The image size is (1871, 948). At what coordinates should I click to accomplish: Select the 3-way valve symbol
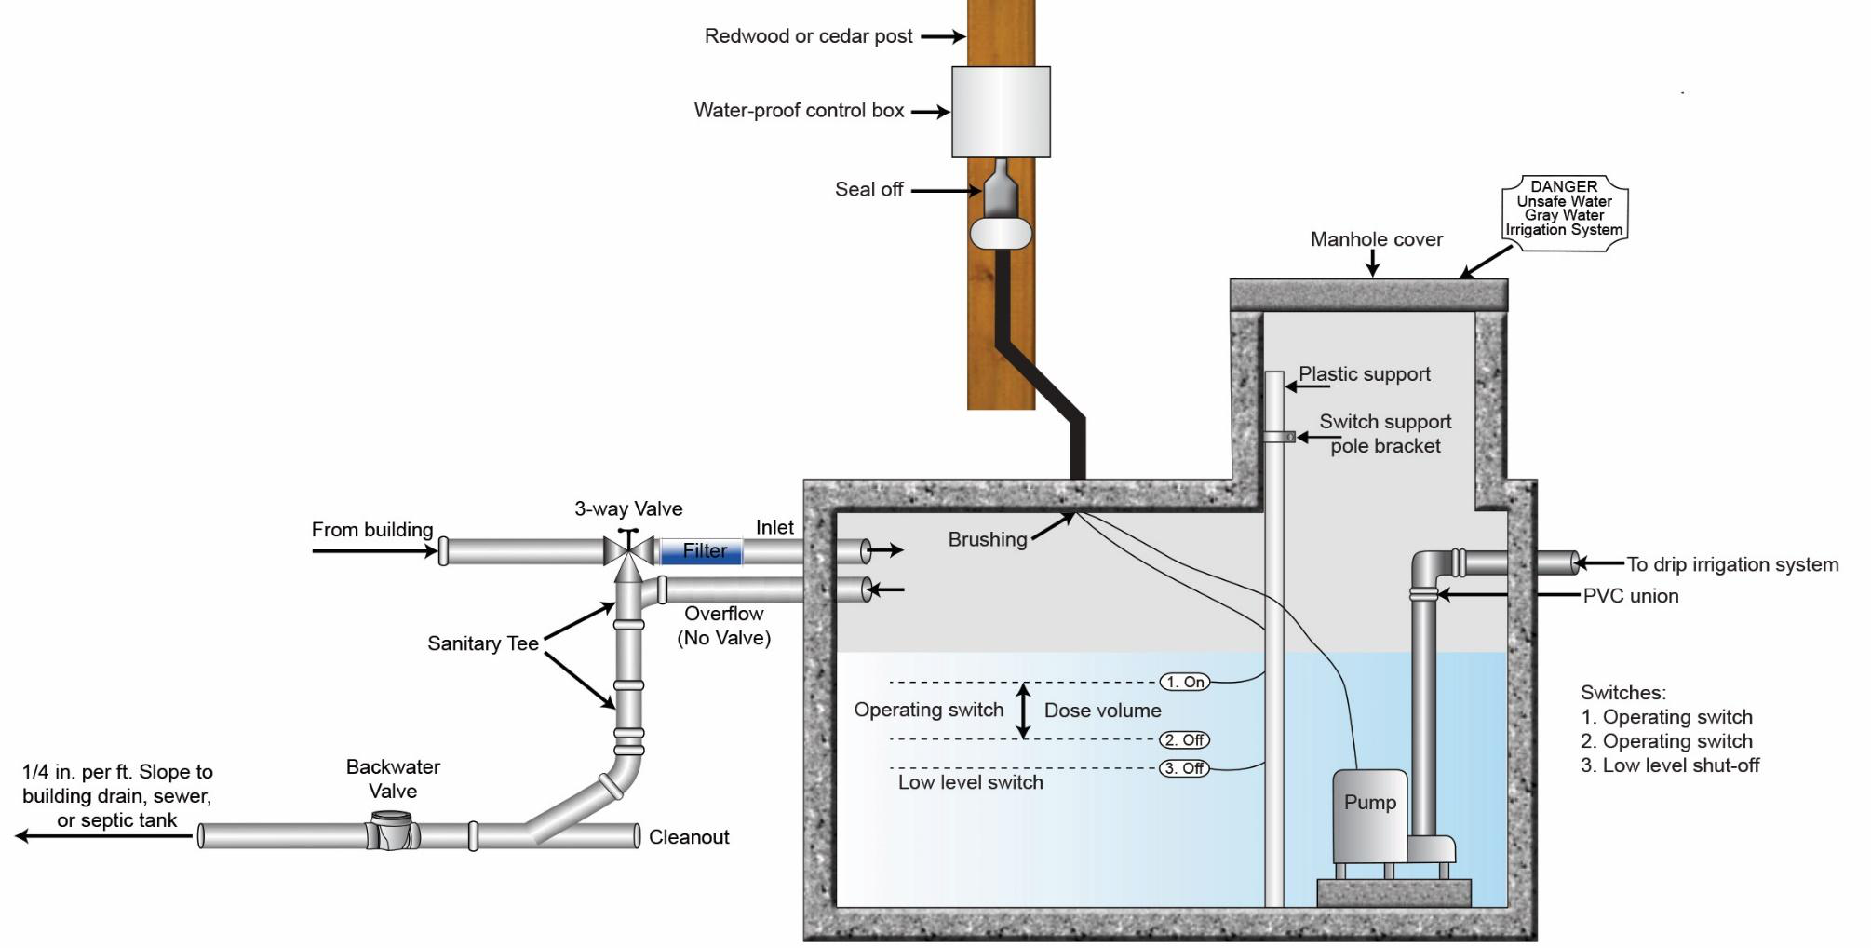tap(629, 549)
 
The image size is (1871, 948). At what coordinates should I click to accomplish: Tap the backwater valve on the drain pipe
tap(392, 831)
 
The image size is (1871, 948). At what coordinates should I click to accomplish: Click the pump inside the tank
tap(1370, 816)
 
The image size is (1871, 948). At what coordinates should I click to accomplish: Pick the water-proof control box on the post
tap(1001, 112)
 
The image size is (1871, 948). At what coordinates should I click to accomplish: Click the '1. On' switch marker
tap(1185, 682)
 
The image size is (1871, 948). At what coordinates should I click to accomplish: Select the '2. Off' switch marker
tap(1185, 740)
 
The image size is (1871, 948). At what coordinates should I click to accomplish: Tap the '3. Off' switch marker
tap(1185, 768)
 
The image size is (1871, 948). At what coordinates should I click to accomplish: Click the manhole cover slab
tap(1368, 295)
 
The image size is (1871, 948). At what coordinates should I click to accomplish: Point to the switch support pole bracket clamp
tap(1279, 436)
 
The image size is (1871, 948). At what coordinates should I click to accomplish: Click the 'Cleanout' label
tap(689, 837)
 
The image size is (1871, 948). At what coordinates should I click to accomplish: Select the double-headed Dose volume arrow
tap(1024, 711)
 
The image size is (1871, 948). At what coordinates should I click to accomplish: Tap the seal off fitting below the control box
tap(1001, 203)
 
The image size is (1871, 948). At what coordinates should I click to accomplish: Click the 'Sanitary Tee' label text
tap(483, 643)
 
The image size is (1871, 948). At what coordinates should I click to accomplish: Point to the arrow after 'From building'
tap(375, 551)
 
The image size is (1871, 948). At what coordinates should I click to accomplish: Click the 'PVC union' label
tap(1631, 596)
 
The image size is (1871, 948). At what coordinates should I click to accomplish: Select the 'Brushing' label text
tap(988, 539)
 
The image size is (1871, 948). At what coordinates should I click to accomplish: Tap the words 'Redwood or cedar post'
tap(808, 36)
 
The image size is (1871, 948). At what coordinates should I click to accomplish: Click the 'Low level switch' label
tap(971, 782)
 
